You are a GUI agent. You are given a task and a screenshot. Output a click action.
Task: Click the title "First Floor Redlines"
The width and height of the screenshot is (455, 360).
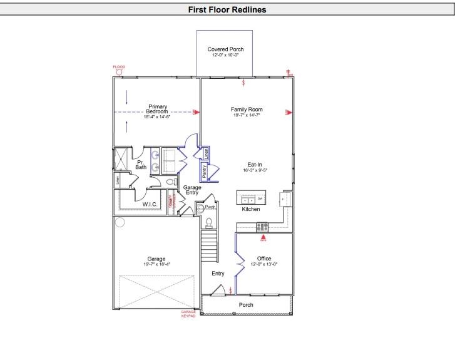click(227, 10)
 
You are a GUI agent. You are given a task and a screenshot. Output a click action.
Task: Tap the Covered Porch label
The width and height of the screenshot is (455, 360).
click(225, 49)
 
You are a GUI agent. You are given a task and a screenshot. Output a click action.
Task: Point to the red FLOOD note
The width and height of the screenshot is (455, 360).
click(119, 67)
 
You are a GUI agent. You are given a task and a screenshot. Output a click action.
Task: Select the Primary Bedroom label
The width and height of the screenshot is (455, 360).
click(157, 109)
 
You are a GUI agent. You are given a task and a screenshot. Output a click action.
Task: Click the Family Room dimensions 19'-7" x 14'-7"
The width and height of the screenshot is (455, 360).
click(246, 115)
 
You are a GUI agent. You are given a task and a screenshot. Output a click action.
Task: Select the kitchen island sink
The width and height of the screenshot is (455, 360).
click(248, 200)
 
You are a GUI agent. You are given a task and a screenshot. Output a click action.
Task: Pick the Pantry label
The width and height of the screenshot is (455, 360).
click(205, 170)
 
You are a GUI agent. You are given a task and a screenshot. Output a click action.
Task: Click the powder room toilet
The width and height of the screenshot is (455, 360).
click(210, 222)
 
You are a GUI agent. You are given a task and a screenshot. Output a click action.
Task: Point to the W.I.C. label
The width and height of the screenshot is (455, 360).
click(150, 204)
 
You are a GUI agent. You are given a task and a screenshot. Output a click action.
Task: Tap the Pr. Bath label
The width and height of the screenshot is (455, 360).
click(141, 165)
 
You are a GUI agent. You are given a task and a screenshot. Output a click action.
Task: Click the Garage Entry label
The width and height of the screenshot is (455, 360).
click(192, 190)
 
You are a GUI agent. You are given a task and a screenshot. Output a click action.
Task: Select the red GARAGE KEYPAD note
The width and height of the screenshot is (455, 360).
click(188, 314)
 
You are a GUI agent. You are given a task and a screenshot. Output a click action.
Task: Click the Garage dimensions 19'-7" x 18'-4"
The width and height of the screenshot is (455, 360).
click(156, 265)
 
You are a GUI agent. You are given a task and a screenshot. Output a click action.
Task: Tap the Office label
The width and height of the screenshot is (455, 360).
click(264, 259)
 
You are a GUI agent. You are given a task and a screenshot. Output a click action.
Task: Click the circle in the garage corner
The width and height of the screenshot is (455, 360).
click(120, 222)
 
